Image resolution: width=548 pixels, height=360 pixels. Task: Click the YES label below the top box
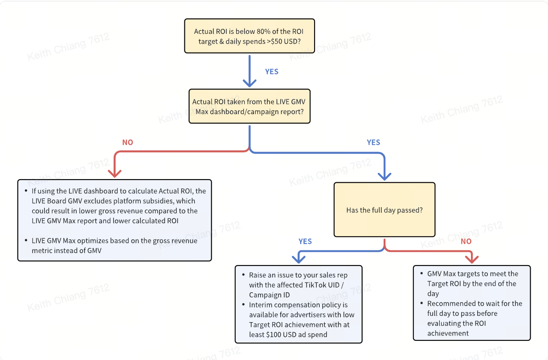click(272, 72)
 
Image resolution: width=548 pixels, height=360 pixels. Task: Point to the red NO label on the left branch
click(128, 143)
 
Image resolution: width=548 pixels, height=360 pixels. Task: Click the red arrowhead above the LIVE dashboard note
click(115, 173)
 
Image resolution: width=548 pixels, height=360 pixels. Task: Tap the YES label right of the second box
click(373, 143)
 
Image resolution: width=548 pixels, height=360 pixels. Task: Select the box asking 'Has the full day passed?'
click(384, 209)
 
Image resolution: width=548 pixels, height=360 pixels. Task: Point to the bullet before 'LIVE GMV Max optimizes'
click(26, 241)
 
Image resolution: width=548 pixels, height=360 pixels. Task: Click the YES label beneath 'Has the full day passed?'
click(305, 241)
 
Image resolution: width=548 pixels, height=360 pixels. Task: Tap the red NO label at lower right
click(466, 241)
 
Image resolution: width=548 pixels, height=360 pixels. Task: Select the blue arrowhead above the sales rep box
click(299, 259)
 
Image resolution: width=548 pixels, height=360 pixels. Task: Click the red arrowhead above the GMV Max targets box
click(472, 259)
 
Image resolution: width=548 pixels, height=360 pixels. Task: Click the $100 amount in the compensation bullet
click(274, 335)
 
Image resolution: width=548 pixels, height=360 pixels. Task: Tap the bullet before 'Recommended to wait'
click(421, 303)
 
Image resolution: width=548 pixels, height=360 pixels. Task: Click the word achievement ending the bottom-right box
click(448, 333)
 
